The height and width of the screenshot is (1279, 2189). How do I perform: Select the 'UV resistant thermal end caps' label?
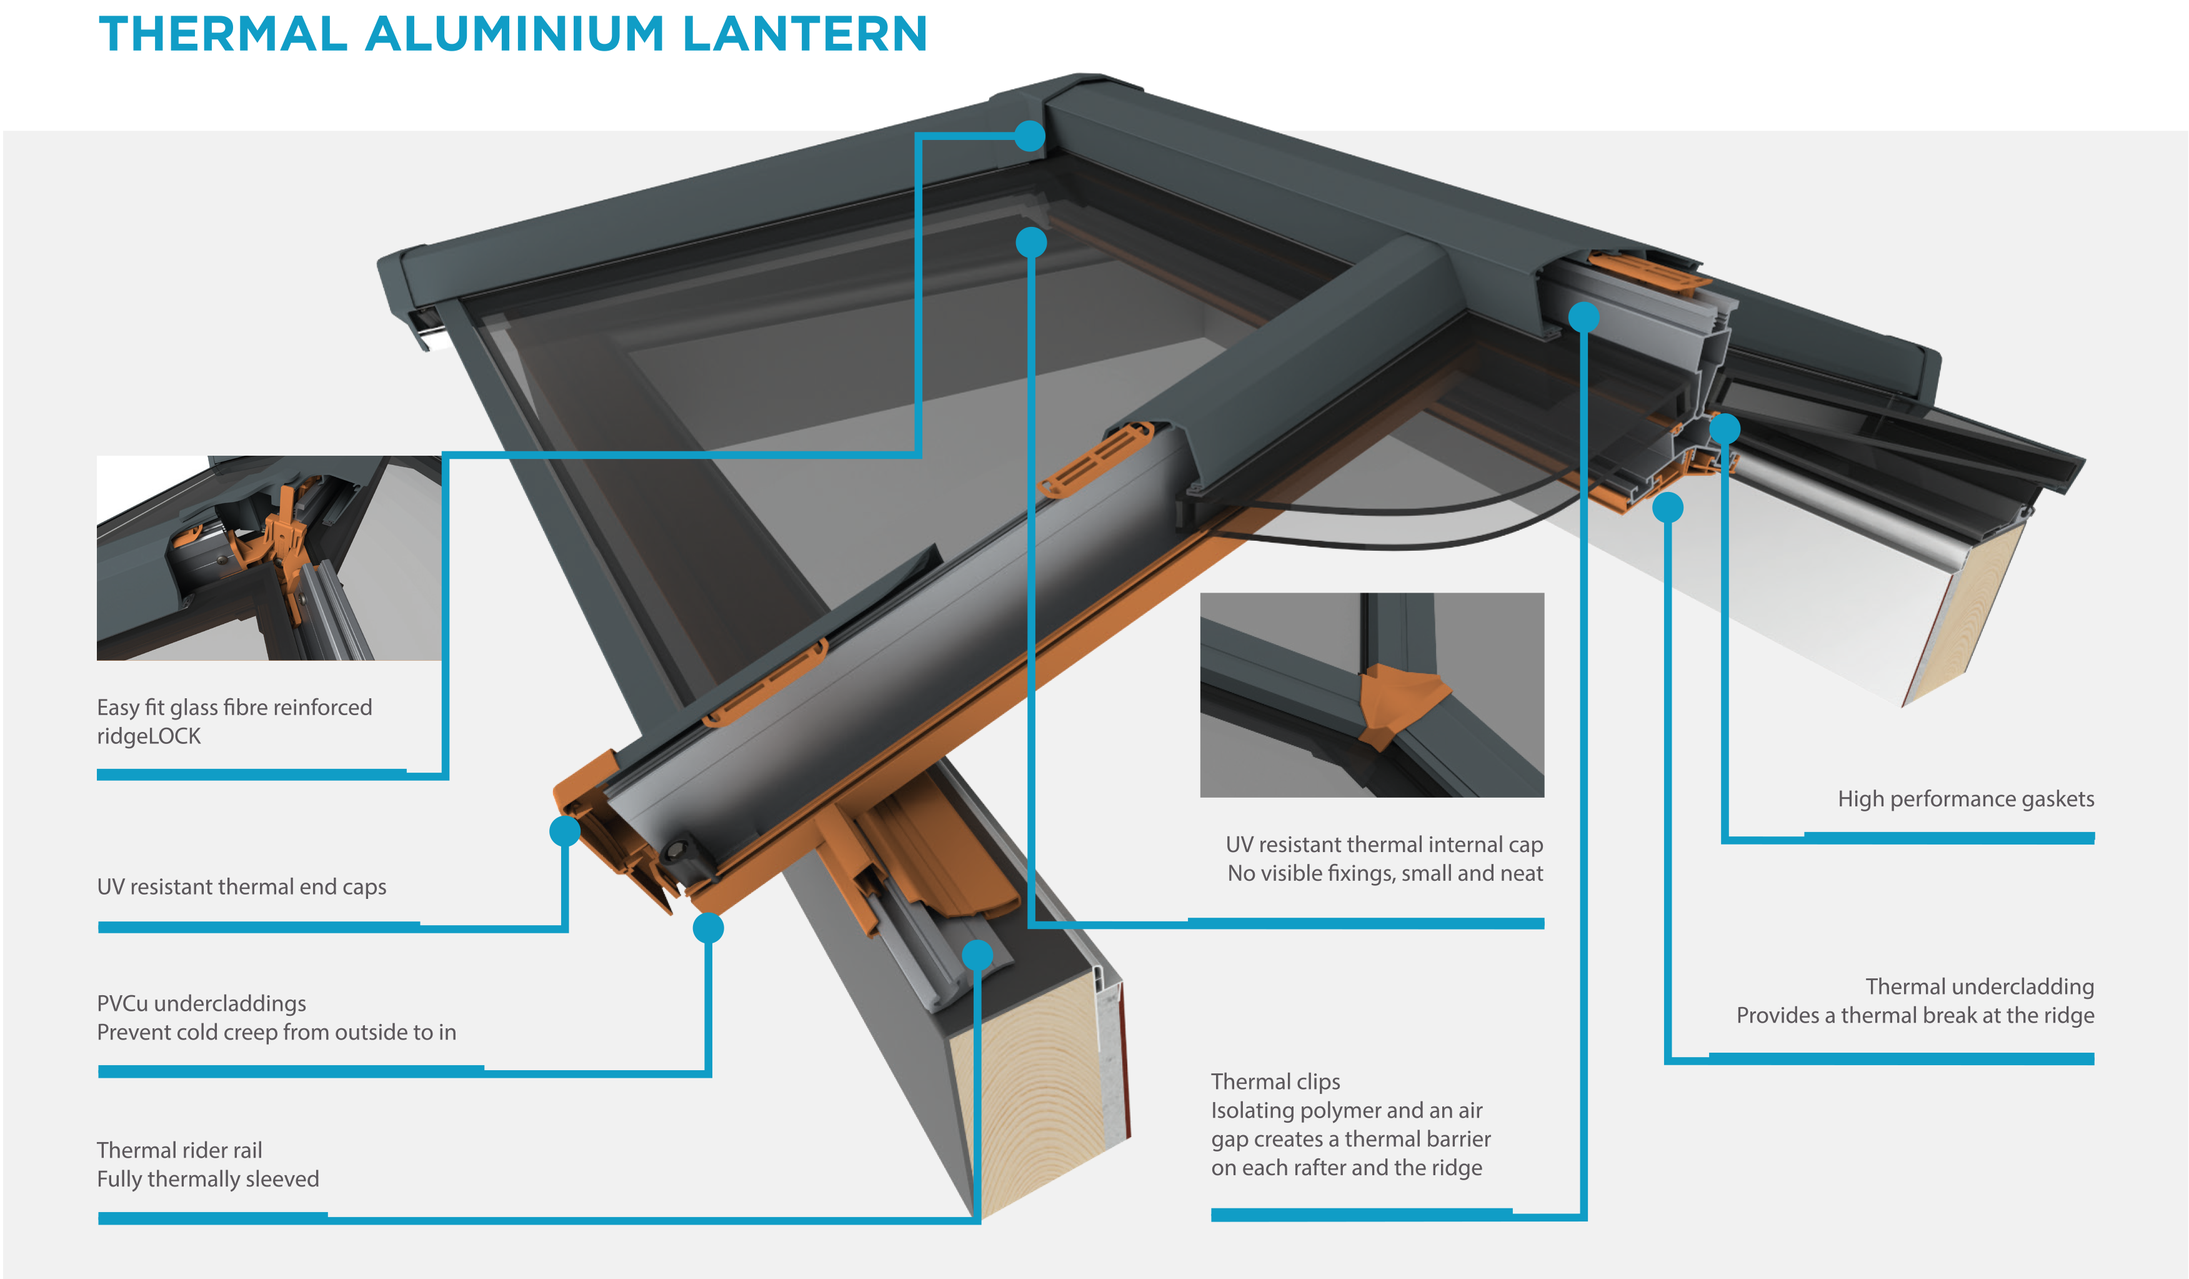click(241, 886)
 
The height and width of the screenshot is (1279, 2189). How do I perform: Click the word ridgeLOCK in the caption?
click(149, 736)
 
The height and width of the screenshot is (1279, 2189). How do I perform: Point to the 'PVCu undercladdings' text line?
click(201, 1003)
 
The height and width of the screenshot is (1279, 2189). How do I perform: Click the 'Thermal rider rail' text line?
click(179, 1150)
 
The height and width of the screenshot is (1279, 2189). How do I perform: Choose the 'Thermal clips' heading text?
click(1275, 1081)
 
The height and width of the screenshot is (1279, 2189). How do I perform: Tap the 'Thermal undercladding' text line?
click(1979, 986)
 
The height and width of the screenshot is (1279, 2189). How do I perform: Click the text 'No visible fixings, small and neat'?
click(1385, 873)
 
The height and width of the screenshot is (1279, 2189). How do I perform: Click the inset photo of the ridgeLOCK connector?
click(269, 558)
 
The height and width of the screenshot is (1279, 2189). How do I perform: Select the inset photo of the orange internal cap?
click(1372, 695)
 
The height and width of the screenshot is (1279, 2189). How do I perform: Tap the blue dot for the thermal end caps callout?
click(565, 831)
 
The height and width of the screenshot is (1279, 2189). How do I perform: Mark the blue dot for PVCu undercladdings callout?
click(708, 928)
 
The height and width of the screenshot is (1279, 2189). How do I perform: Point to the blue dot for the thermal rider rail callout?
click(977, 956)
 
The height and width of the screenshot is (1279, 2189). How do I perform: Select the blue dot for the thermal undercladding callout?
click(1668, 508)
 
